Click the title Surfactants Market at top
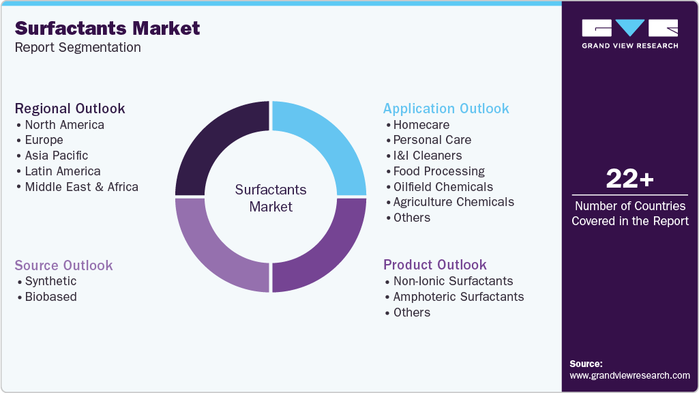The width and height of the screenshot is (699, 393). point(107,28)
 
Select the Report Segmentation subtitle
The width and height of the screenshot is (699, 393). point(78,47)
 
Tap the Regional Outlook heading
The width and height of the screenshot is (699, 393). point(70,108)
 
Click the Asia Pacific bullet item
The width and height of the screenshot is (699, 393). point(56,156)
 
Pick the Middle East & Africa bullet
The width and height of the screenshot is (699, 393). point(81,187)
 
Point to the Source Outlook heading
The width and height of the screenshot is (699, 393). point(64,265)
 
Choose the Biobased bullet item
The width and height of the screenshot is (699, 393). point(50,297)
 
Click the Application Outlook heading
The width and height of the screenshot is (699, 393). point(446,108)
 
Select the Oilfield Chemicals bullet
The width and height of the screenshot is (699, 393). point(443,187)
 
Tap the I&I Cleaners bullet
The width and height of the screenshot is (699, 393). point(428,156)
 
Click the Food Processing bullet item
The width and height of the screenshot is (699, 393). point(438,171)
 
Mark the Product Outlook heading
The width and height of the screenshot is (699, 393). point(435,265)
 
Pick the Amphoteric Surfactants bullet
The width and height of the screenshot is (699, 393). point(458,297)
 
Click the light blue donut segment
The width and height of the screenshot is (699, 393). point(327,143)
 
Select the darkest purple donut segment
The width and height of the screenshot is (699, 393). point(214,143)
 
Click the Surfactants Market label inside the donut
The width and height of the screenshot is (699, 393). point(271,198)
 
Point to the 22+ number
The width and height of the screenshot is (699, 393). point(629,179)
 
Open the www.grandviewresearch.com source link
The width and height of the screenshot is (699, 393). point(629,375)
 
